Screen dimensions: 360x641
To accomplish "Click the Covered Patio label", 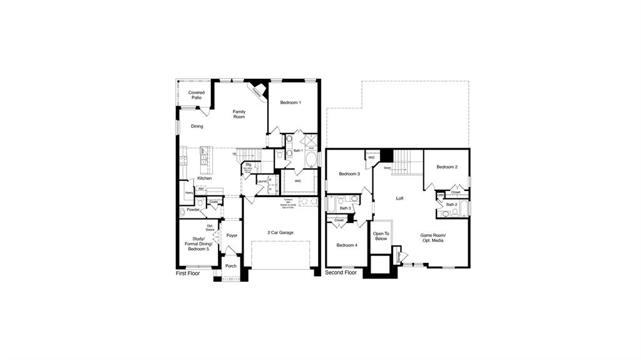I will click(x=197, y=95).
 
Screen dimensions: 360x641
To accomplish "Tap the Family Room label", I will click(x=239, y=114).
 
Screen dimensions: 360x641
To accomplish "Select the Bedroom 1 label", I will click(x=290, y=103).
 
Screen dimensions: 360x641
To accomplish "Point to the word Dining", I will click(x=197, y=126).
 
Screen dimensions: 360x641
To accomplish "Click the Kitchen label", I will click(x=205, y=178).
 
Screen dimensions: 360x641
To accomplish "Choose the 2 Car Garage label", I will click(x=280, y=232).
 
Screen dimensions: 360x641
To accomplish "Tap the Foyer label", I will click(x=232, y=236).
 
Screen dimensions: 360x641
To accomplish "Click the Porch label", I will click(x=231, y=266).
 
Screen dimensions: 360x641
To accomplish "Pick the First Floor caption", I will click(x=188, y=274).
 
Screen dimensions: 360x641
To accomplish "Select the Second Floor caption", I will click(x=341, y=273).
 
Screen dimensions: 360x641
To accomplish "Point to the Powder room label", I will click(x=193, y=210).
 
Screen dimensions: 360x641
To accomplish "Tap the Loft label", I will click(x=400, y=198).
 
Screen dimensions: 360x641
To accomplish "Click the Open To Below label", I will click(x=381, y=235).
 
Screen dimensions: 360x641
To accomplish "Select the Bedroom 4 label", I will click(x=347, y=245).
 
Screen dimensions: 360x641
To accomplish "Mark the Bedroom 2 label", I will click(x=447, y=167).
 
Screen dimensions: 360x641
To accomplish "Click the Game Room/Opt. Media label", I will click(x=433, y=238).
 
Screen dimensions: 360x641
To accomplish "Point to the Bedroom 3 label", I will click(x=349, y=174).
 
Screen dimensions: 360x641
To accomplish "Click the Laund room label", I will click(x=262, y=182).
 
